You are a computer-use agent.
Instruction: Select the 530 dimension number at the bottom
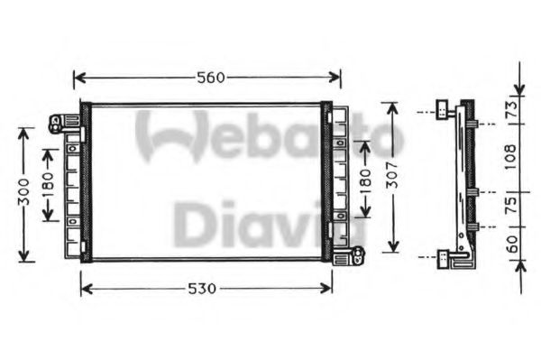[202, 289]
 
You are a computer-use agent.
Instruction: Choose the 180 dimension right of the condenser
[365, 180]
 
